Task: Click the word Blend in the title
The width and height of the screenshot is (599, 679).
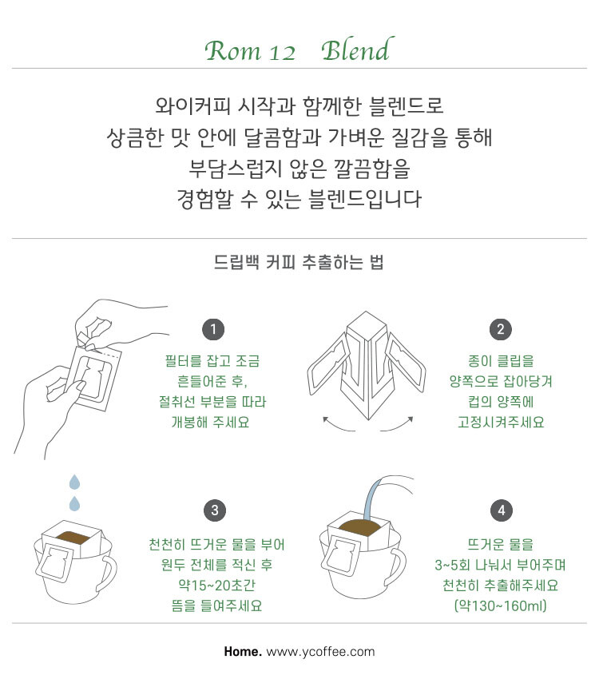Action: coord(357,50)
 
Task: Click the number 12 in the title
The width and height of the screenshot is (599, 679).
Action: coord(282,53)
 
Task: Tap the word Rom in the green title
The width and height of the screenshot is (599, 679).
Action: coord(233,51)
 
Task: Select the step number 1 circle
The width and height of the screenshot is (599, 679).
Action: coord(213,330)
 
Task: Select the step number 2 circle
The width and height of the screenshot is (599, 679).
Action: coord(501,330)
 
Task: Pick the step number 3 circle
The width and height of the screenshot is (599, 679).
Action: coord(215,510)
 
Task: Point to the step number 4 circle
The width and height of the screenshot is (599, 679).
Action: coord(502,510)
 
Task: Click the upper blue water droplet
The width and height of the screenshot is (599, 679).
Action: coord(75,482)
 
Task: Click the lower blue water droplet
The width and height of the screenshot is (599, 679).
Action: coord(74,503)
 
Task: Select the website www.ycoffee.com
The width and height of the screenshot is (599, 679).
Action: coord(320,652)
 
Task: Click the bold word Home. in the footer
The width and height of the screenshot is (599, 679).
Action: coord(243,651)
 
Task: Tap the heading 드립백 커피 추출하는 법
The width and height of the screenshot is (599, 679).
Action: coord(299,262)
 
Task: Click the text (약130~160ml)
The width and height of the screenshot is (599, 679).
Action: coord(501,605)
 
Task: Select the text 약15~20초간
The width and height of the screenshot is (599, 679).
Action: coord(216,585)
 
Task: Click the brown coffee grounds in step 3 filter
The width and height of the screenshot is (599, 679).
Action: coord(72,537)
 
